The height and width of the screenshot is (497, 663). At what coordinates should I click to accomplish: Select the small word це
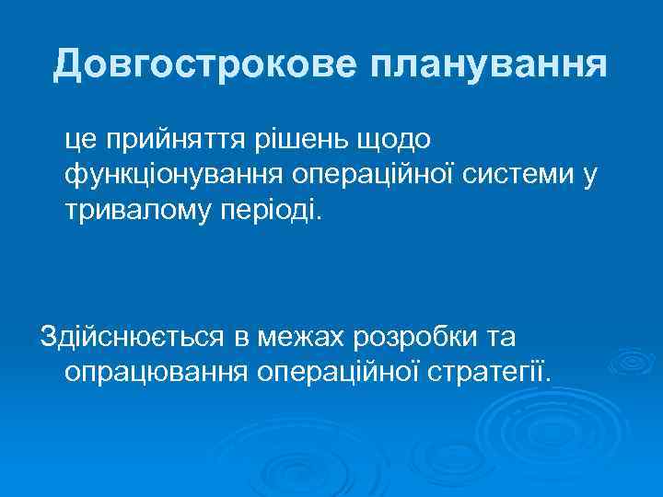point(81,139)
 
